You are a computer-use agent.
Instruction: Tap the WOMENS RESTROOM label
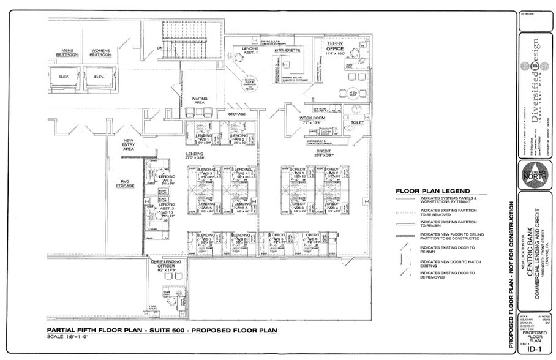click(x=101, y=53)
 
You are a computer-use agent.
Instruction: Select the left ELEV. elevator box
click(x=66, y=77)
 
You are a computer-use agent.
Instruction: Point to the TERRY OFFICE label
click(x=335, y=47)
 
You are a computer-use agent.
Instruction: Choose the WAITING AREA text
click(x=200, y=100)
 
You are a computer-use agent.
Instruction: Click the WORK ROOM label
click(x=312, y=118)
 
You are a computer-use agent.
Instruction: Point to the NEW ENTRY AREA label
click(x=129, y=144)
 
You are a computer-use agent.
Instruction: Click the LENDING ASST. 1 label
click(x=250, y=51)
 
